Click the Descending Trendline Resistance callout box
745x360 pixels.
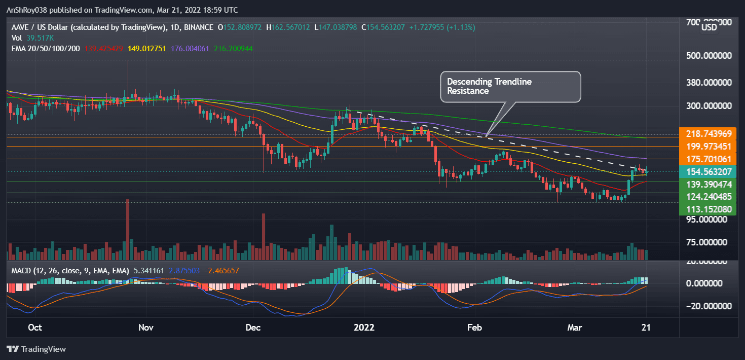tap(510, 86)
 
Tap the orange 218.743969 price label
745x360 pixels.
tap(708, 133)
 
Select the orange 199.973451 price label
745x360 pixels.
tap(708, 146)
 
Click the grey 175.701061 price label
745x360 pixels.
tap(708, 159)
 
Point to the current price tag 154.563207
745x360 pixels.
tap(708, 171)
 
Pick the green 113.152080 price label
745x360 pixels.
tap(708, 208)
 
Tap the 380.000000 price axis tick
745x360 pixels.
tap(708, 82)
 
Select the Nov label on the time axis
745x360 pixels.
tap(145, 327)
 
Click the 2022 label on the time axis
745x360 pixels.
tap(364, 327)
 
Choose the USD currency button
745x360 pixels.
tap(709, 27)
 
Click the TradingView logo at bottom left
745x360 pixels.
tap(36, 349)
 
